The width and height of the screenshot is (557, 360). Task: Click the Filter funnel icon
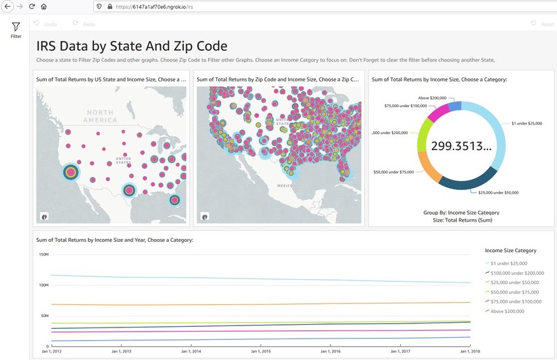[x=15, y=27]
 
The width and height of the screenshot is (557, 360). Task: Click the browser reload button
[x=32, y=6]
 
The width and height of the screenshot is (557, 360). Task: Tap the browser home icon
[x=44, y=6]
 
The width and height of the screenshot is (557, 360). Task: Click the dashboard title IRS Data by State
[x=131, y=46]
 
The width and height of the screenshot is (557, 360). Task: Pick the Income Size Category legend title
[x=510, y=250]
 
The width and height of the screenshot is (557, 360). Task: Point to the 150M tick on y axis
[x=43, y=254]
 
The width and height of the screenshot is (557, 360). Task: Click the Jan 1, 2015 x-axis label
[x=260, y=351]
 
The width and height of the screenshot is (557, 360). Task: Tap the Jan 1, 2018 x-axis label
[x=470, y=351]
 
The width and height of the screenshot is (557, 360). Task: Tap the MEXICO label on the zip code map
[x=285, y=186]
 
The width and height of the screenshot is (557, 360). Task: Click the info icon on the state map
[x=44, y=216]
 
